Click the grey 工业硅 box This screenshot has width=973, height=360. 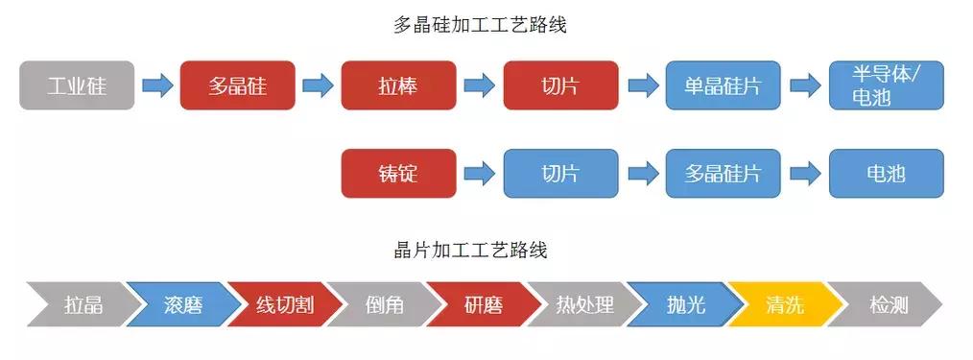coord(76,85)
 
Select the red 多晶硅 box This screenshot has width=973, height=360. coord(237,85)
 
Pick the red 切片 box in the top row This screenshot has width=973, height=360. coord(560,85)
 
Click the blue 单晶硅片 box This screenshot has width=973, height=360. coord(723,85)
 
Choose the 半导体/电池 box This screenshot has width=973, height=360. coord(886,85)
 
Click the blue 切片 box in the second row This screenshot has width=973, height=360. coord(560,174)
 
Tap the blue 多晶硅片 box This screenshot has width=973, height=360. coord(723,174)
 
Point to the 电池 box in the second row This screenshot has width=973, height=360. coord(886,174)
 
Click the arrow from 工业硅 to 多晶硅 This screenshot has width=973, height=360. coord(156,85)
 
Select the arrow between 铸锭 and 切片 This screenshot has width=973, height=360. coord(479,174)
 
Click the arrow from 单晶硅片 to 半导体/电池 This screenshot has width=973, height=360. coord(804,85)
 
